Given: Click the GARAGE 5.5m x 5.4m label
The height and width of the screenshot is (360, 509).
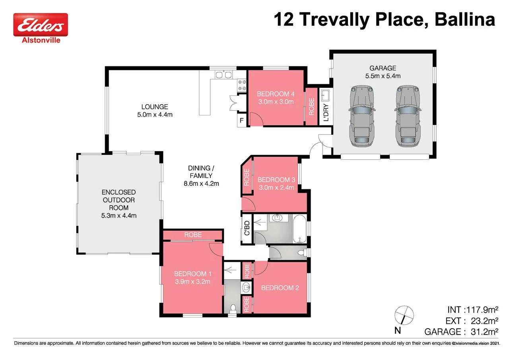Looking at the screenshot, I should click(382, 72).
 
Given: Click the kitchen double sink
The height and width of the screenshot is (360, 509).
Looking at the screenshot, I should click(223, 75).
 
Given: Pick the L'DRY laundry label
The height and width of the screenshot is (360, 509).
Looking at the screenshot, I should click(326, 113).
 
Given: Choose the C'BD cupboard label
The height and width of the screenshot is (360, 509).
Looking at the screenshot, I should click(247, 228).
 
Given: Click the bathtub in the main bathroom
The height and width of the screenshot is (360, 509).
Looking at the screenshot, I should click(300, 229).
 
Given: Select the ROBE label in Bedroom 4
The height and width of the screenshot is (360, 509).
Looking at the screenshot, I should click(311, 107).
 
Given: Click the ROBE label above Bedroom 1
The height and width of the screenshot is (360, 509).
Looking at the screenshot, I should click(193, 235).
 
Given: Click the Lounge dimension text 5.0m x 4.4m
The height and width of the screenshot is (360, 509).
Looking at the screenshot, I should click(155, 115).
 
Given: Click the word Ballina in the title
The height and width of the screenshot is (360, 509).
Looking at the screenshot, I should click(465, 19).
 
